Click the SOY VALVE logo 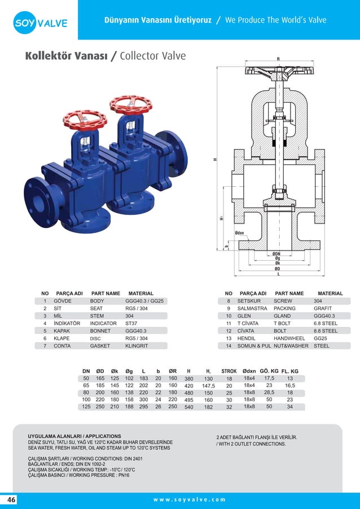coord(41,23)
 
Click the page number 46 coord(12,499)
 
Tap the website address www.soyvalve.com coord(189,499)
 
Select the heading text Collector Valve coord(152,56)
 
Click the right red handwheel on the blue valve coord(130,104)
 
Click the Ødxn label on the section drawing coord(240,232)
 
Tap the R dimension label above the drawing coord(278,59)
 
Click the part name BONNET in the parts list coord(100,331)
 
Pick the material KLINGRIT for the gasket coord(137,345)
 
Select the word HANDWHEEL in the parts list coord(289,338)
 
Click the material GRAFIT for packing coord(322,309)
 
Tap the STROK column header coord(229,371)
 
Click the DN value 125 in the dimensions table coord(86,406)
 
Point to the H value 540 coord(188,406)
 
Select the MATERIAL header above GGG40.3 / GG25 coord(141,293)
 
